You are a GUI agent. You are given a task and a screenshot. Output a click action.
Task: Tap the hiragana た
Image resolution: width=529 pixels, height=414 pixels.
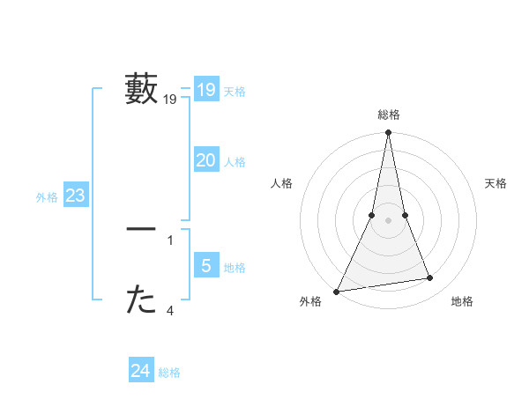[141, 300]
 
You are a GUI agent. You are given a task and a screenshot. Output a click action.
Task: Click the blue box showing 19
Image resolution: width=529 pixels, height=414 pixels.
[205, 89]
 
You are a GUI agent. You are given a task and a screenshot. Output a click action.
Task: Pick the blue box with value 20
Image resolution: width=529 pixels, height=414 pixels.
[205, 160]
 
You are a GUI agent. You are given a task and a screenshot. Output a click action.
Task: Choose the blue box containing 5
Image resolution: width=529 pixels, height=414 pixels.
[205, 266]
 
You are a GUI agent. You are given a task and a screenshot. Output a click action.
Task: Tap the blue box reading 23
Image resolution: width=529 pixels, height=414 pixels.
[75, 196]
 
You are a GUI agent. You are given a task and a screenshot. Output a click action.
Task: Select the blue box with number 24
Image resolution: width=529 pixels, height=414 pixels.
[140, 371]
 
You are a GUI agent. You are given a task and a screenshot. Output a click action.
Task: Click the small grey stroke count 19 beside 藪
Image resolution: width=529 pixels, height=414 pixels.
[170, 100]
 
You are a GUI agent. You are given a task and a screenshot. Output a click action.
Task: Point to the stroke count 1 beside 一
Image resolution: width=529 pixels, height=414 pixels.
[170, 239]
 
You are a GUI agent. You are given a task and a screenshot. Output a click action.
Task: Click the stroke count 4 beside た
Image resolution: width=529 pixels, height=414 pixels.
[170, 309]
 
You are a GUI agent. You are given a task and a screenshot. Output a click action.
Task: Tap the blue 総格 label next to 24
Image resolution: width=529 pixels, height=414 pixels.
[169, 373]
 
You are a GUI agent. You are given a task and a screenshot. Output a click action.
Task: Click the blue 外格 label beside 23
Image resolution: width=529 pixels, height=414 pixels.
[47, 197]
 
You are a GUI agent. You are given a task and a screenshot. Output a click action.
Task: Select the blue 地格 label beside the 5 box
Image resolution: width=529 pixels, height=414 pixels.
[235, 268]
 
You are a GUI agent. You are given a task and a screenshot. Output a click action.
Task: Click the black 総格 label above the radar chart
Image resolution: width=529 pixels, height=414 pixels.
[388, 115]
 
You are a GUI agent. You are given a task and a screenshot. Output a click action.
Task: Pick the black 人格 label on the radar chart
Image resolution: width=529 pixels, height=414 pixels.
[282, 183]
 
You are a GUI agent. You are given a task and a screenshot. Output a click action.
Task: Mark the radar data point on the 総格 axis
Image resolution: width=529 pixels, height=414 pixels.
[388, 133]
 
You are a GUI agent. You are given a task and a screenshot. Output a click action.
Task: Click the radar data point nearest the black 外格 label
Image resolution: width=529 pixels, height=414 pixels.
[337, 291]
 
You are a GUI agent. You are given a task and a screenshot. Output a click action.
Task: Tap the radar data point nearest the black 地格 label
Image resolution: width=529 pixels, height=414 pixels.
[430, 278]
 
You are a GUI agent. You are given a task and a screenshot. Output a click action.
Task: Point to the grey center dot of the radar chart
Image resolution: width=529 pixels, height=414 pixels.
[388, 220]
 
